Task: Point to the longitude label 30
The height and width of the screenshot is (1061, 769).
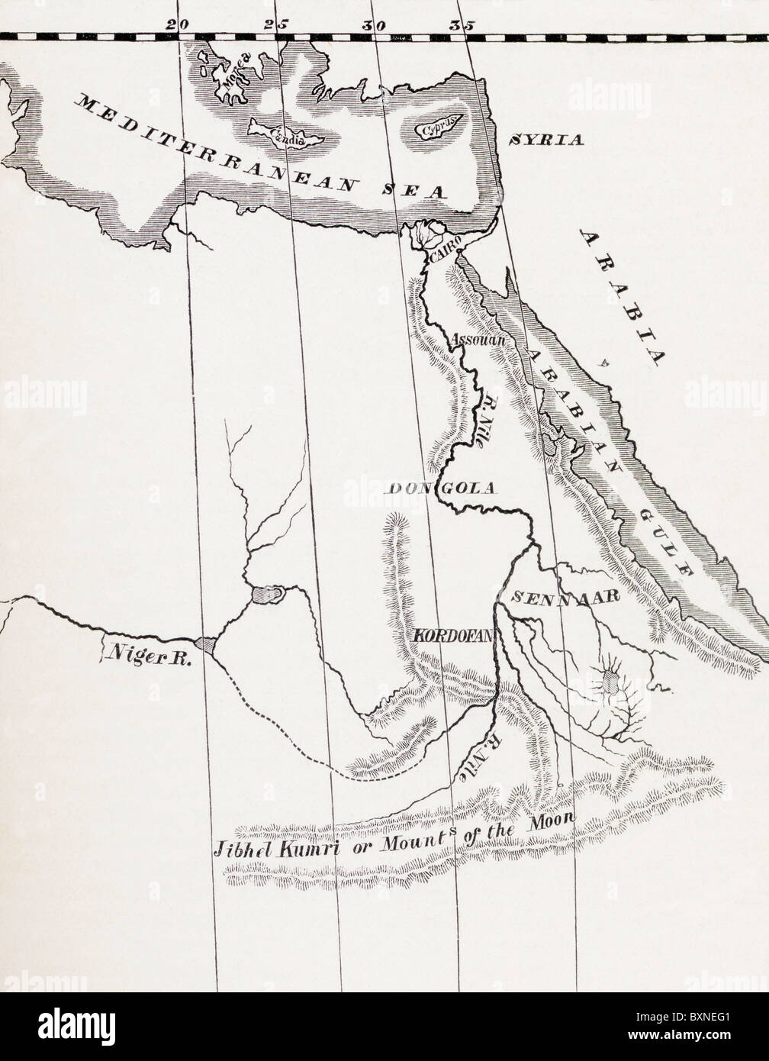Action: point(372,24)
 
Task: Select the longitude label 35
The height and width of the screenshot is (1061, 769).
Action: point(460,24)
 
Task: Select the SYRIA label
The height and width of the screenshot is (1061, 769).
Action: point(545,140)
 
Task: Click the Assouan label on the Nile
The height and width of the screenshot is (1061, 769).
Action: point(479,340)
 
